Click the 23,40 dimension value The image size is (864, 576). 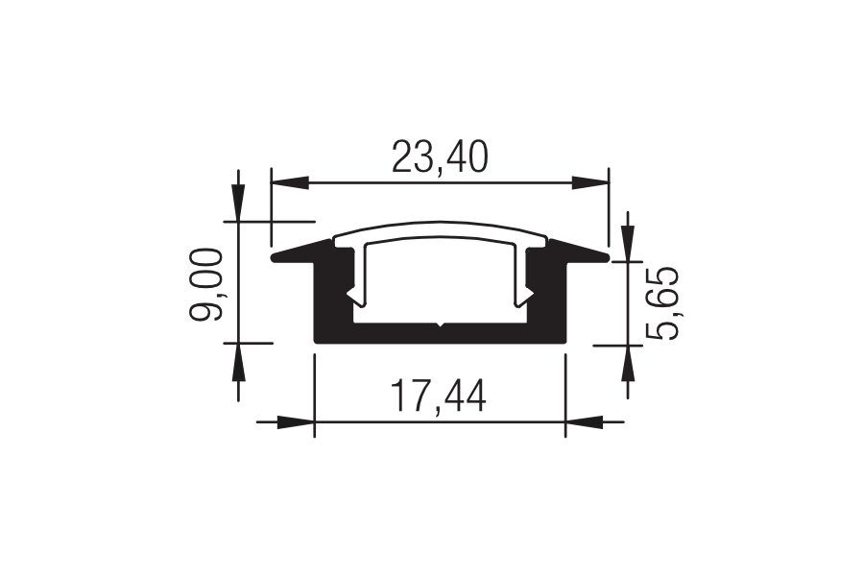(440, 156)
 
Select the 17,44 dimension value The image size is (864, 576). (438, 396)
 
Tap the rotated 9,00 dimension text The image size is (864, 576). (205, 284)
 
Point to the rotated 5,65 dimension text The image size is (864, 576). (661, 303)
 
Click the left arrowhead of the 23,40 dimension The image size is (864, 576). (289, 182)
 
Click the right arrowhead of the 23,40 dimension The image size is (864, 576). (590, 182)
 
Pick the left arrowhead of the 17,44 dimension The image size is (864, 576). (296, 422)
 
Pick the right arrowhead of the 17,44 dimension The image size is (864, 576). (584, 422)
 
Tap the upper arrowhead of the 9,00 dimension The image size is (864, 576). (238, 203)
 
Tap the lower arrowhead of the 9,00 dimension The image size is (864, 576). (238, 362)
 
